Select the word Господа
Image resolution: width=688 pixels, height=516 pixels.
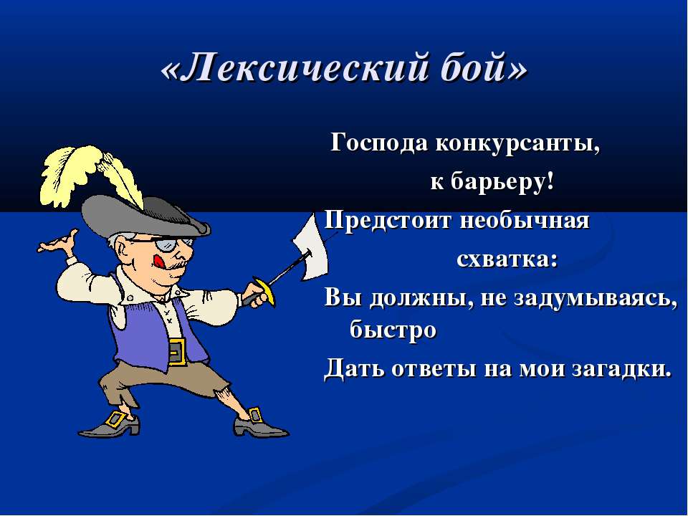tap(378, 144)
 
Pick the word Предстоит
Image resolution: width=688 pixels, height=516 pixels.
tap(388, 221)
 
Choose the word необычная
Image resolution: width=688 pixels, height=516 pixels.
tap(524, 220)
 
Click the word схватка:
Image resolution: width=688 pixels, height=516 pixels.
tap(507, 259)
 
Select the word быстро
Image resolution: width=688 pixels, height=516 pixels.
tap(393, 329)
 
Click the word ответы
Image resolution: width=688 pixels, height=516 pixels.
tap(433, 368)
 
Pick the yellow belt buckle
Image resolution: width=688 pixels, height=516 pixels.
tap(178, 351)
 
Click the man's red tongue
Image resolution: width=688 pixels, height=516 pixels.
tap(159, 262)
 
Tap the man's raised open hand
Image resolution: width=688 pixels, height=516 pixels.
tap(59, 243)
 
